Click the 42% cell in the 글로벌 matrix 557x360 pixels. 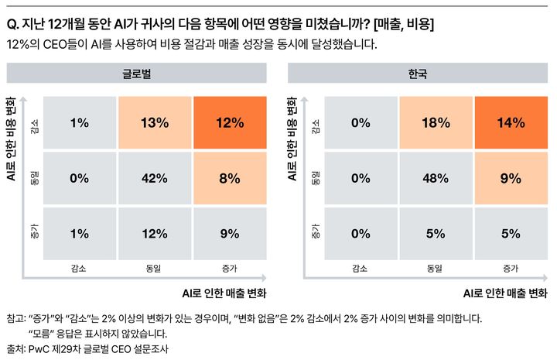(x=155, y=177)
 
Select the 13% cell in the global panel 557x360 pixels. (x=155, y=122)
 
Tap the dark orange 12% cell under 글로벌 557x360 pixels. (x=231, y=122)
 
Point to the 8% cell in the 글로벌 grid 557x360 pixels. (x=231, y=177)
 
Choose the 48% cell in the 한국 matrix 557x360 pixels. (x=436, y=177)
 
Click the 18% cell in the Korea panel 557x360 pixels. (x=436, y=122)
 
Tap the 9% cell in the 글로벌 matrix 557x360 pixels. (x=231, y=233)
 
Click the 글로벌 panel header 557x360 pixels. (x=137, y=74)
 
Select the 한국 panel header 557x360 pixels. (x=418, y=74)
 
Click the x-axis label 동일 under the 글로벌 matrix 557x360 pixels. (x=155, y=269)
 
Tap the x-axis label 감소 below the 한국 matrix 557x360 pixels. (x=360, y=269)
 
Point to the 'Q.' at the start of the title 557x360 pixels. (x=12, y=26)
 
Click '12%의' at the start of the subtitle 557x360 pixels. (x=20, y=44)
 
